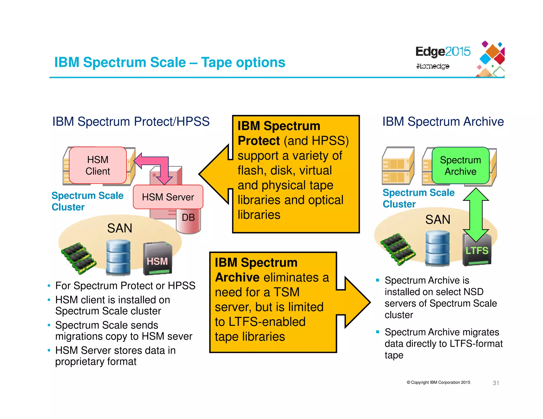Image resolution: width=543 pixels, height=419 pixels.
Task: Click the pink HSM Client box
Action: click(x=98, y=165)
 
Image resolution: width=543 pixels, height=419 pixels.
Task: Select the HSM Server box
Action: click(x=168, y=197)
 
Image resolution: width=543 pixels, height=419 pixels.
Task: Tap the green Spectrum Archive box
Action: click(x=460, y=166)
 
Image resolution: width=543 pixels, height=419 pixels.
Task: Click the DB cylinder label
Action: click(x=188, y=217)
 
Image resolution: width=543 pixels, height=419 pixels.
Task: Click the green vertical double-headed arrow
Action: click(x=476, y=215)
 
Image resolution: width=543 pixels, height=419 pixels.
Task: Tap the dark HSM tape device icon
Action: click(x=157, y=259)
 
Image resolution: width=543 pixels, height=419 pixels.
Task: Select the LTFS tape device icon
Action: click(x=477, y=249)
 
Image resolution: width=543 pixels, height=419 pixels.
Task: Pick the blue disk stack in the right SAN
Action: click(x=437, y=248)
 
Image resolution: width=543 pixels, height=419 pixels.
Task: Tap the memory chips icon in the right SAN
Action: click(x=398, y=249)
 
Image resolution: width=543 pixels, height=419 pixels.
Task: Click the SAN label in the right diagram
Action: click(x=438, y=220)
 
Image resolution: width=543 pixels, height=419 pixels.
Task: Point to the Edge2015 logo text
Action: click(x=443, y=52)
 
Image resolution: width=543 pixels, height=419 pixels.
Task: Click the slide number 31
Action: click(x=496, y=383)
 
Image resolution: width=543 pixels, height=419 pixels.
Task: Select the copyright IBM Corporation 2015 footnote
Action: click(x=438, y=382)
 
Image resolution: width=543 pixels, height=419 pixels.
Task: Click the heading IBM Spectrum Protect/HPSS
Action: click(x=131, y=122)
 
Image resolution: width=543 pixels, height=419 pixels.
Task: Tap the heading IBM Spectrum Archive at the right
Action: click(x=443, y=122)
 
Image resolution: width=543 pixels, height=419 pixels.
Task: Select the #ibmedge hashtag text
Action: click(x=433, y=66)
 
